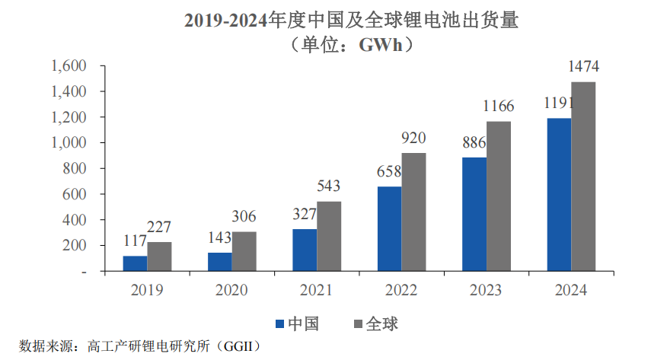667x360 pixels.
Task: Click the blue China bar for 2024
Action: click(x=559, y=195)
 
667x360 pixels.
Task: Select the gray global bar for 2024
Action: click(x=583, y=177)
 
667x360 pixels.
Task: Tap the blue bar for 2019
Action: click(x=136, y=263)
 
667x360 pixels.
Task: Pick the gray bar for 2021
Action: click(x=329, y=236)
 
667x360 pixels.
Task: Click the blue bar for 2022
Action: click(x=389, y=228)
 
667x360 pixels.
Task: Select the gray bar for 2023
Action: click(x=499, y=196)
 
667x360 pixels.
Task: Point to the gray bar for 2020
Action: click(x=244, y=251)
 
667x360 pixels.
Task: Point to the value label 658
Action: click(x=389, y=173)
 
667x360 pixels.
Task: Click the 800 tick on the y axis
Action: click(x=78, y=169)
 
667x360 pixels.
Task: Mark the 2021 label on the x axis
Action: click(x=317, y=290)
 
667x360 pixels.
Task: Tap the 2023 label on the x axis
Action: click(x=486, y=290)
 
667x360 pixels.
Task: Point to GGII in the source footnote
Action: click(x=238, y=346)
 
